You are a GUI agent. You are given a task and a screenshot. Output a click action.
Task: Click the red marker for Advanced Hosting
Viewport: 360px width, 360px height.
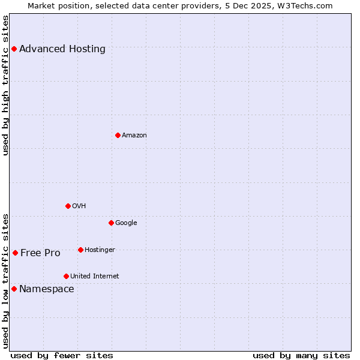click(x=14, y=49)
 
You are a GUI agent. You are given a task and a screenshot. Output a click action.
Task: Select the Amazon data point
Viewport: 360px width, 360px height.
click(x=118, y=135)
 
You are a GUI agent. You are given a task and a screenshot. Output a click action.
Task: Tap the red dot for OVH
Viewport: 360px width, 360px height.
click(x=68, y=206)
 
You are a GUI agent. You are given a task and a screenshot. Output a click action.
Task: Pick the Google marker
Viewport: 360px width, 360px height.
click(x=111, y=223)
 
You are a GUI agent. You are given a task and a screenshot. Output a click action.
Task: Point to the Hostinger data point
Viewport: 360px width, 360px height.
click(x=80, y=250)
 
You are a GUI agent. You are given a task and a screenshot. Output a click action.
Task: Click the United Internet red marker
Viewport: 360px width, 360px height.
click(x=66, y=276)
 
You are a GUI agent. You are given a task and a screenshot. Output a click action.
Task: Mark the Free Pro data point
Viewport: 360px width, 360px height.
click(x=15, y=253)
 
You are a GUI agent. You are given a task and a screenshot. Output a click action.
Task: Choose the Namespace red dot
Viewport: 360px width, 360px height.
click(x=14, y=289)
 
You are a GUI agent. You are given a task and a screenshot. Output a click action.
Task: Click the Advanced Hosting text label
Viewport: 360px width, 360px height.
click(x=62, y=49)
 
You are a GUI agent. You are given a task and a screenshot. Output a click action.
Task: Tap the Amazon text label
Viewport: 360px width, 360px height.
click(x=134, y=135)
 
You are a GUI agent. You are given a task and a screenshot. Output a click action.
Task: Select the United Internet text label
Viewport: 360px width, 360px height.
click(x=95, y=276)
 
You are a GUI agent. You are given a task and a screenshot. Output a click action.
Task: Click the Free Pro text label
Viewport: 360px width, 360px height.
click(x=40, y=253)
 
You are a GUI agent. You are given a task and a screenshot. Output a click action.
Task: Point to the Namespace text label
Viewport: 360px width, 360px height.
click(x=47, y=289)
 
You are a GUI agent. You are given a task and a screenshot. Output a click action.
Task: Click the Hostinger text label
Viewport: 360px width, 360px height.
click(x=100, y=250)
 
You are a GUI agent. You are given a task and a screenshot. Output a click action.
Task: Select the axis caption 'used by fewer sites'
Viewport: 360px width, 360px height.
click(x=62, y=355)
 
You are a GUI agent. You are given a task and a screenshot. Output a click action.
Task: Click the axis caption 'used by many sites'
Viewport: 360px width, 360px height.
click(x=301, y=355)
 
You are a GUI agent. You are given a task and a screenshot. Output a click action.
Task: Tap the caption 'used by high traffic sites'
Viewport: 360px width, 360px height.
click(x=5, y=85)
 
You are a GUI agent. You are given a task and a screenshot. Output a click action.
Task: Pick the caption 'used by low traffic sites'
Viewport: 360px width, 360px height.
click(x=5, y=280)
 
